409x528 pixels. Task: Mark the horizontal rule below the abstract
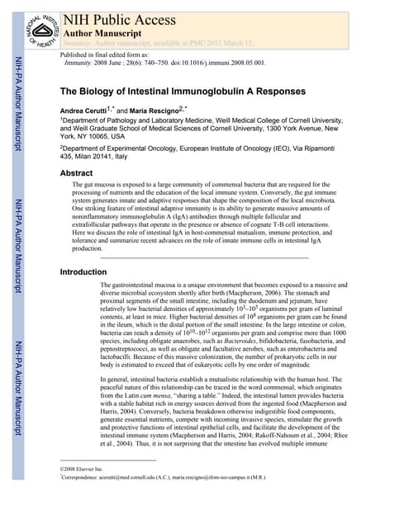(203, 258)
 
